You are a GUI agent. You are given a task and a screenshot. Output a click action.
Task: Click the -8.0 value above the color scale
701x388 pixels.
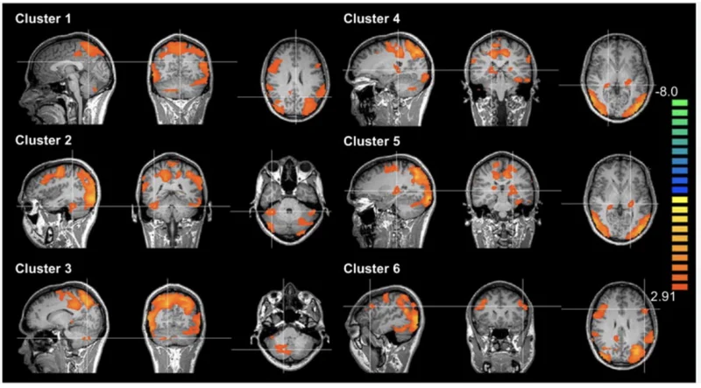coord(667,92)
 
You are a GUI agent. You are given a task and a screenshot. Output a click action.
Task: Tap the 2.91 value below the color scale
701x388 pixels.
coord(662,297)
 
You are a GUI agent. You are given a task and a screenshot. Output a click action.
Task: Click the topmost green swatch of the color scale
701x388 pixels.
coord(680,102)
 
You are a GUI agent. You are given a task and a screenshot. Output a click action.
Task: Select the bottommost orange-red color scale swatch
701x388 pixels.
coord(680,286)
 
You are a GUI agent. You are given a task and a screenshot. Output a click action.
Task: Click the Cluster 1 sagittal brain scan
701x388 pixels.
coord(67,78)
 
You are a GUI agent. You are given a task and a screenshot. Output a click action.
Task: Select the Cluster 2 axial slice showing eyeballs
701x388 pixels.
coord(293,202)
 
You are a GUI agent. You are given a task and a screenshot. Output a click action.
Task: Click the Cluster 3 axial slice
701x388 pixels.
coord(293,328)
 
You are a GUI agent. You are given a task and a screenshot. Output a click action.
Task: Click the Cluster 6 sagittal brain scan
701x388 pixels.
coord(384,326)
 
